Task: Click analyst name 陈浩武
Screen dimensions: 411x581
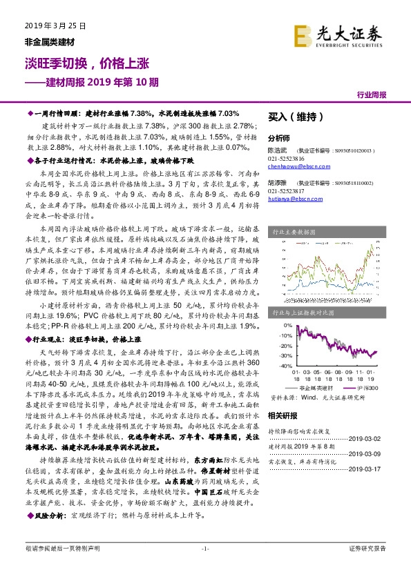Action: tap(278, 149)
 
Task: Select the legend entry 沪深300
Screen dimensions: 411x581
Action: tap(364, 388)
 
